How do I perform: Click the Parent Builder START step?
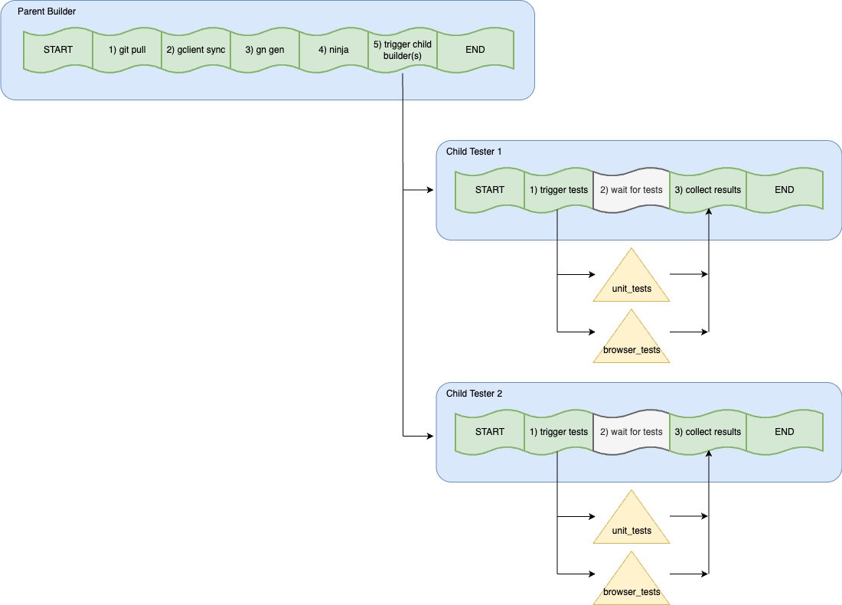(x=58, y=50)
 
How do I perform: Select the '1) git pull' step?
(x=127, y=50)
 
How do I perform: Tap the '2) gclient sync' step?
(x=196, y=50)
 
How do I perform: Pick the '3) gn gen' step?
(x=265, y=50)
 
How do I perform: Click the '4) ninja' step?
(x=334, y=50)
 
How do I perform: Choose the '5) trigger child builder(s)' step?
(x=403, y=50)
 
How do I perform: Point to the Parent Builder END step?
(x=475, y=50)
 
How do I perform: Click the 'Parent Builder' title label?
(x=47, y=11)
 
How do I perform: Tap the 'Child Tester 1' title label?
(x=474, y=152)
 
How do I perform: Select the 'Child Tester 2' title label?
(x=474, y=394)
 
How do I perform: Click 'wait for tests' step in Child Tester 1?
(x=631, y=190)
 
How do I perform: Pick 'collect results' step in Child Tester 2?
(x=708, y=432)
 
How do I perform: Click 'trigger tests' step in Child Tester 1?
(x=559, y=190)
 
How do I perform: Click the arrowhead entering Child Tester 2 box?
(x=430, y=437)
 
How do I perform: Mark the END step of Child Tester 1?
(x=785, y=190)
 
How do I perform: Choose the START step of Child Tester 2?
(x=490, y=432)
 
